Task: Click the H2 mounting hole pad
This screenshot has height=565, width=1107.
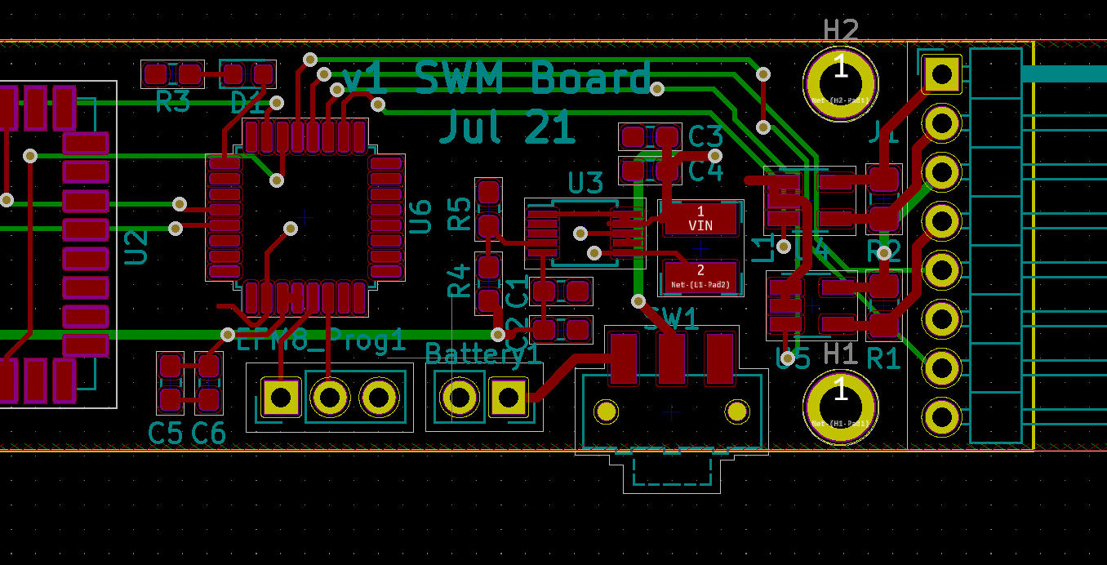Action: pyautogui.click(x=840, y=83)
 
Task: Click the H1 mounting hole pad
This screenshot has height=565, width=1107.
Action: pyautogui.click(x=840, y=407)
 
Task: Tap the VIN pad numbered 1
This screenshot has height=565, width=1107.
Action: pyautogui.click(x=700, y=219)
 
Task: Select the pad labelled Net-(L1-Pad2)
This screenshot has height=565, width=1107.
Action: pyautogui.click(x=700, y=277)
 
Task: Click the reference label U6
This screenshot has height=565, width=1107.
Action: pyautogui.click(x=420, y=216)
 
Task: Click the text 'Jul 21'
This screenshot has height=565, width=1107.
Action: pyautogui.click(x=507, y=128)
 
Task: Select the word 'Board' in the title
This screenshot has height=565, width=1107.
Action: pyautogui.click(x=591, y=79)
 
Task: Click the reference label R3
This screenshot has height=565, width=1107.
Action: pyautogui.click(x=172, y=103)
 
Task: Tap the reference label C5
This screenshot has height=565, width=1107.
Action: pyautogui.click(x=165, y=434)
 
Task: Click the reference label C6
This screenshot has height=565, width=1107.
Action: pyautogui.click(x=208, y=434)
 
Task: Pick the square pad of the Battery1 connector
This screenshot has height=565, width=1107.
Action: pyautogui.click(x=508, y=398)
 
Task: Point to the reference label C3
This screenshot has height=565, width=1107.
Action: pyautogui.click(x=705, y=136)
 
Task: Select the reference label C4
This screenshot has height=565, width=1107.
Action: pyautogui.click(x=705, y=171)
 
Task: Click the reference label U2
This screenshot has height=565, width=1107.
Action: pyautogui.click(x=136, y=247)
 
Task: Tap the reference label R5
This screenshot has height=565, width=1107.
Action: pyautogui.click(x=460, y=213)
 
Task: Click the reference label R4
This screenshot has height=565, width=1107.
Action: pyautogui.click(x=460, y=279)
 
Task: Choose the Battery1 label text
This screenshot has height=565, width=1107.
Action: pyautogui.click(x=482, y=354)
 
